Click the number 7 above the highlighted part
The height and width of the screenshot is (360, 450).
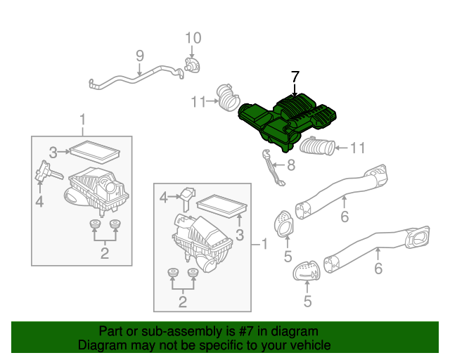[295, 76]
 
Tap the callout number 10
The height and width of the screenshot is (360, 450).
[193, 38]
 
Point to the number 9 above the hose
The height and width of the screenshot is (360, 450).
[139, 55]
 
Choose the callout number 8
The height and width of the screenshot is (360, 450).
[291, 167]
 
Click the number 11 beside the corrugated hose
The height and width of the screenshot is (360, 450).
[359, 148]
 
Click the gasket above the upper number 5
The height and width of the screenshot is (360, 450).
[285, 224]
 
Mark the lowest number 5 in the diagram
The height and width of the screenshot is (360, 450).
[307, 302]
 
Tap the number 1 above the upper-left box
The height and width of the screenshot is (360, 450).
[82, 117]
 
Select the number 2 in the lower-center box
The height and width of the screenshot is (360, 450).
[182, 302]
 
